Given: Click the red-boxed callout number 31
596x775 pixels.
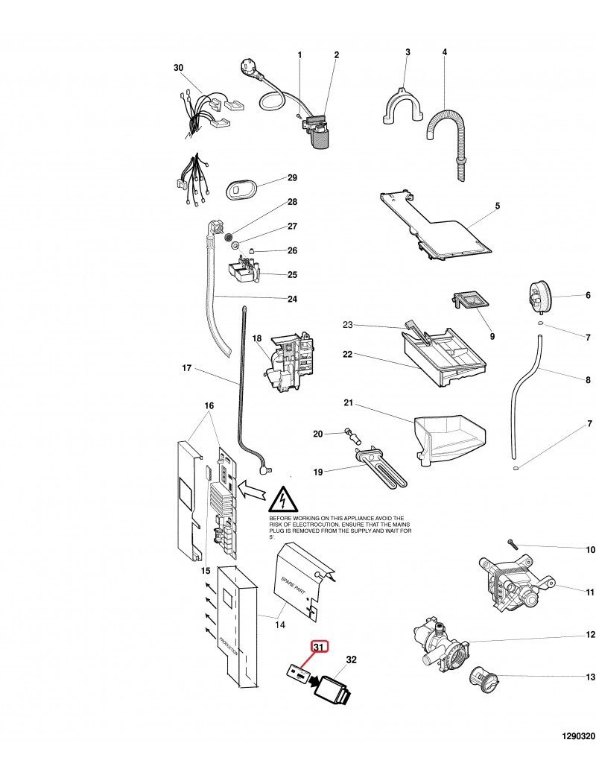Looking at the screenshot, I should tap(319, 647).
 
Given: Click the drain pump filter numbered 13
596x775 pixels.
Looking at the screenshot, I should tap(485, 680).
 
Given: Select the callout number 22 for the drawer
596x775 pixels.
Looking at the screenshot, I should tap(347, 355).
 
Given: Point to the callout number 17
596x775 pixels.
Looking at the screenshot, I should tap(187, 367).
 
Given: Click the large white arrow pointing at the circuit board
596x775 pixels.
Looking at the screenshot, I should tap(250, 492).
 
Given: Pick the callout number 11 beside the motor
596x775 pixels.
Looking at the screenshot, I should tap(589, 592).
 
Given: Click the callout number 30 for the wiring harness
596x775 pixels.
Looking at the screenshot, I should tap(178, 68).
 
